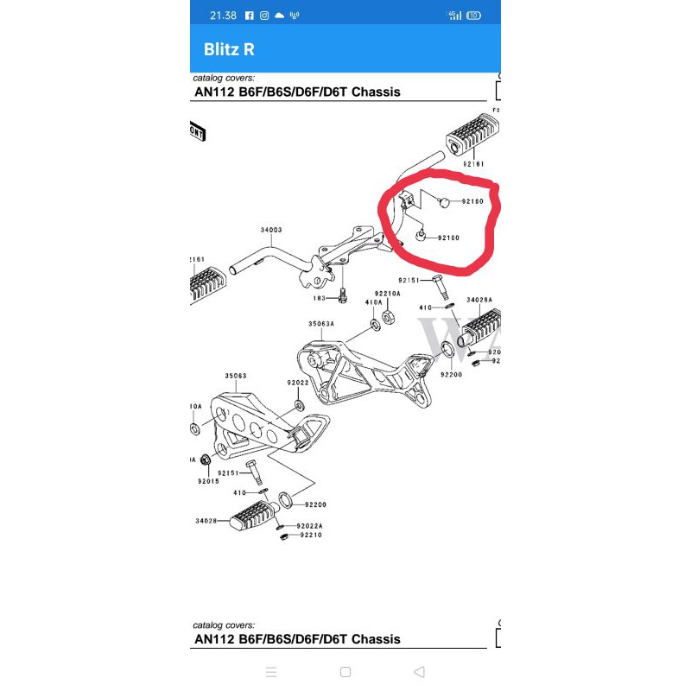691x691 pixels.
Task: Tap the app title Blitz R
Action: point(229,49)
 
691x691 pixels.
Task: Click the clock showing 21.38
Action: point(223,16)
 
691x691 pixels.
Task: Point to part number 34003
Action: point(271,231)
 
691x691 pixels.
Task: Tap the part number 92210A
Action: point(388,294)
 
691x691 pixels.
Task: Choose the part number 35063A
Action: point(320,325)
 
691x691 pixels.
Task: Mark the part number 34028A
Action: point(479,300)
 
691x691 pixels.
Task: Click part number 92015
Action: point(207,481)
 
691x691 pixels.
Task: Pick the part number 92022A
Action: point(309,525)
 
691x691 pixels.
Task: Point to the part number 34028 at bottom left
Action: point(208,521)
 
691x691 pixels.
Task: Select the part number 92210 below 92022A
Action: point(311,536)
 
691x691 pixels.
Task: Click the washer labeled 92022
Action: point(298,404)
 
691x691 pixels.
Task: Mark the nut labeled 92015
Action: point(206,459)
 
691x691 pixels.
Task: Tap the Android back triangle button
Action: point(420,671)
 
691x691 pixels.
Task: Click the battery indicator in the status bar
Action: point(473,16)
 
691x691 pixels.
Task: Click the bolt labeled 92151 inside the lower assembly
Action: point(251,469)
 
